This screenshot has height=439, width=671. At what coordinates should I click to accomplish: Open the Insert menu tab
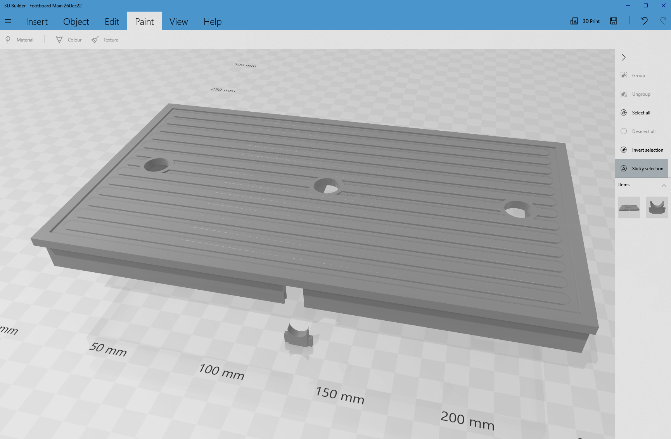coord(37,22)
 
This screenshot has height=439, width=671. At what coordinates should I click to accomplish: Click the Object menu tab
coord(76,22)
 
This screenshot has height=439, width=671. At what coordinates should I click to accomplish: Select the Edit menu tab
coord(112,22)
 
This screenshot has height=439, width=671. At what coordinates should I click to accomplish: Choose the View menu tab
coord(178,22)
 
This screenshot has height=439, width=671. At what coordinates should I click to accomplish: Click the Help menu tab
coord(213,22)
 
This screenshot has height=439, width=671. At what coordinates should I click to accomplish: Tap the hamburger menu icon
coord(8,21)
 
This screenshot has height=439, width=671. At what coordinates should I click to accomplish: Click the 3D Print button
coord(585,21)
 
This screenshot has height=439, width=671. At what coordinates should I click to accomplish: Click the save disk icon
coord(614,21)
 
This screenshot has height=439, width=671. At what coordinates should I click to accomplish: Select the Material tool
coord(20,40)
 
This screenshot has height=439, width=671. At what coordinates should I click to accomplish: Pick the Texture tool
coord(105,40)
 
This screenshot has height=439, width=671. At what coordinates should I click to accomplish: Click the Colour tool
coord(69,40)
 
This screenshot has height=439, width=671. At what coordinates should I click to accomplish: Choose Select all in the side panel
coord(641,113)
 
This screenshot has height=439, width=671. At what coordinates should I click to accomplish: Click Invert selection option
coord(647,150)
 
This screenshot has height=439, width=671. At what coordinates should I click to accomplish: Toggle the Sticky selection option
coord(647,169)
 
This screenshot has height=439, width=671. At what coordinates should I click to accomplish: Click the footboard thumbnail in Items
coord(629,207)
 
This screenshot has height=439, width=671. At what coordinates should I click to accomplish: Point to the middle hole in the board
coord(327,185)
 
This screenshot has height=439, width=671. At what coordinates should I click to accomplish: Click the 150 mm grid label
coord(340,395)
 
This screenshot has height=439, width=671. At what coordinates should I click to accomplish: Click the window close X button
coord(663,5)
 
